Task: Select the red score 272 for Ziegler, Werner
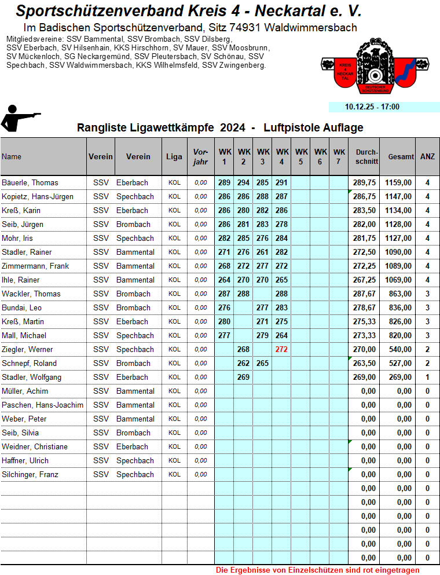tap(281, 349)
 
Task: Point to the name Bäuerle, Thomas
tap(30, 182)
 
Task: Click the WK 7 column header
tap(339, 156)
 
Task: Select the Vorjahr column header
tap(200, 156)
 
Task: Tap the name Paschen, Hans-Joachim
tap(42, 405)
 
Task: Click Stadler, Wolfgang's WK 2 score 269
tap(243, 377)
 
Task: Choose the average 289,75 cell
tap(364, 182)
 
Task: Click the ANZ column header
tap(427, 156)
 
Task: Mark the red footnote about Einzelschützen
tap(317, 570)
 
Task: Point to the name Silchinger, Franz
tap(30, 474)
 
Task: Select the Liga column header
tap(174, 156)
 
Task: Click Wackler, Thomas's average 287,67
tap(364, 294)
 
